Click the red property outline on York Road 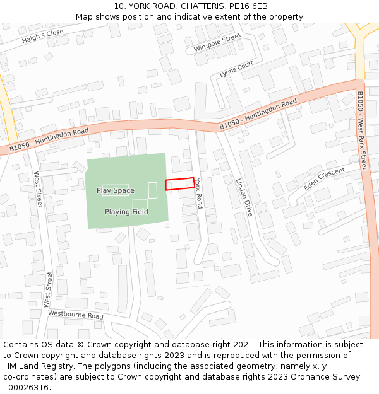click(180, 183)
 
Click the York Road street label click(198, 192)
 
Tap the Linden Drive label click(244, 197)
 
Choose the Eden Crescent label click(324, 179)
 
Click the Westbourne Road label click(76, 315)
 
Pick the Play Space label click(115, 190)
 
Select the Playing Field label click(126, 212)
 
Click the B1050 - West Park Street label click(362, 130)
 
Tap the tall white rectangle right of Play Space click(152, 190)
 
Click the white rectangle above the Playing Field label click(140, 203)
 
